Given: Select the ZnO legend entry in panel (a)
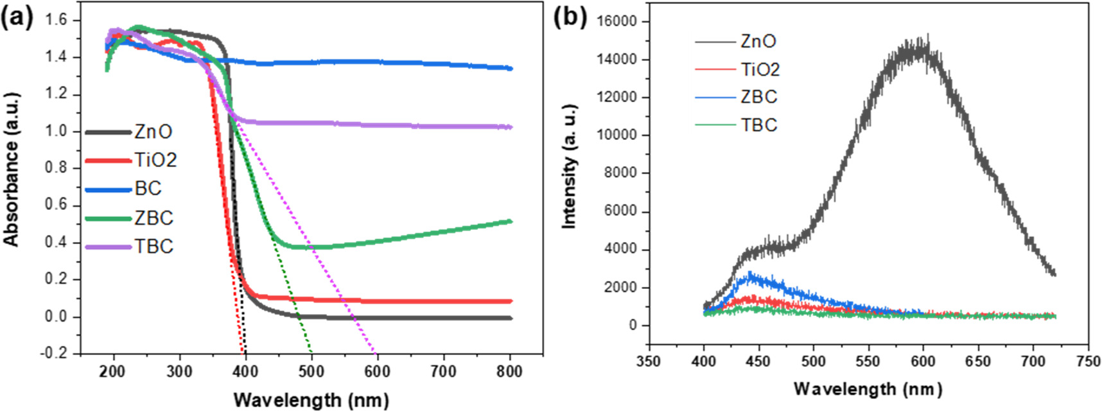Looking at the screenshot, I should click(x=153, y=132).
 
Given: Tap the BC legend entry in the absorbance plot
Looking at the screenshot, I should click(x=148, y=189).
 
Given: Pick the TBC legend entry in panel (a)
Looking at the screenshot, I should click(x=153, y=247).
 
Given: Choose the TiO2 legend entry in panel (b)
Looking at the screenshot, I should click(x=760, y=69).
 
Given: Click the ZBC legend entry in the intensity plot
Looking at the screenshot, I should click(x=758, y=97).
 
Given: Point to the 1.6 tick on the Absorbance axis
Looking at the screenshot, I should click(x=56, y=20).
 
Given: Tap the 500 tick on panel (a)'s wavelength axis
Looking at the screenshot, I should click(x=311, y=372).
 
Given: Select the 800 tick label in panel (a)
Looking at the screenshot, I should click(x=509, y=372).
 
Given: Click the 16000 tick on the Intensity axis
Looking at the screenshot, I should click(x=616, y=21).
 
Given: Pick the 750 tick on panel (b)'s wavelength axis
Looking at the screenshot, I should click(x=1088, y=362).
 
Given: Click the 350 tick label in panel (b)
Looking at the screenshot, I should click(x=649, y=362).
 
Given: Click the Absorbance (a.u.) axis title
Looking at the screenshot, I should click(x=12, y=170).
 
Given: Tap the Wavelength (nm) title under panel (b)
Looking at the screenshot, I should click(x=868, y=389).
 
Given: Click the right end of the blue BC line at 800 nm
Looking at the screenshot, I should click(x=511, y=68).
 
